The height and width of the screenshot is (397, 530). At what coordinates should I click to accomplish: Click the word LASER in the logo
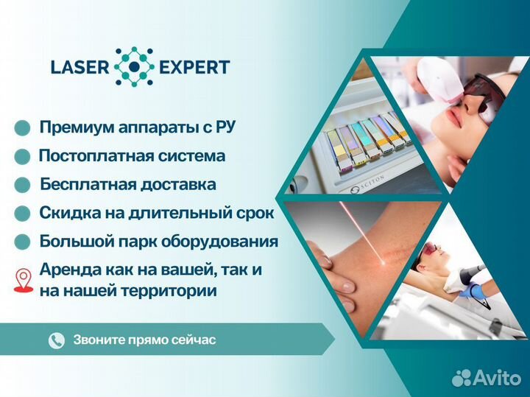pyautogui.click(x=78, y=67)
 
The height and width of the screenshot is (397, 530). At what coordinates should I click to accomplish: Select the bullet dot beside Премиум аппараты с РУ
pyautogui.click(x=23, y=128)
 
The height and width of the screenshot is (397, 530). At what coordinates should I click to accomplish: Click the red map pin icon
pyautogui.click(x=24, y=279)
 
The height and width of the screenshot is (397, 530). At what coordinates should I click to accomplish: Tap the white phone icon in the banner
pyautogui.click(x=57, y=340)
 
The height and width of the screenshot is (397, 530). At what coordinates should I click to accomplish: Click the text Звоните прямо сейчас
pyautogui.click(x=144, y=340)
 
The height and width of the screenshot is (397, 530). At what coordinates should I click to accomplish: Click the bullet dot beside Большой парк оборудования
pyautogui.click(x=23, y=242)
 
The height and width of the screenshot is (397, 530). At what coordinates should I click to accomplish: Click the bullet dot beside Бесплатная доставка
pyautogui.click(x=23, y=185)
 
